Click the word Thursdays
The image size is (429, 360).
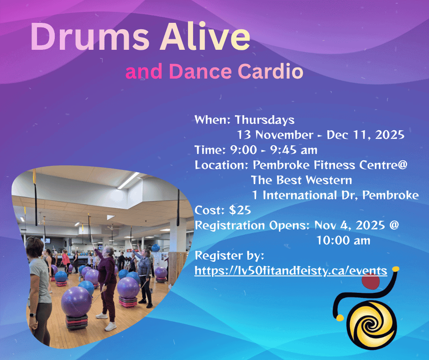pos(264,120)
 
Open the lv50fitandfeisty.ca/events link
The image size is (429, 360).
pos(291,270)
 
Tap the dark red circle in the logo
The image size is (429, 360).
pos(370,283)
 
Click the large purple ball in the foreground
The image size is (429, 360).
pos(77,301)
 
